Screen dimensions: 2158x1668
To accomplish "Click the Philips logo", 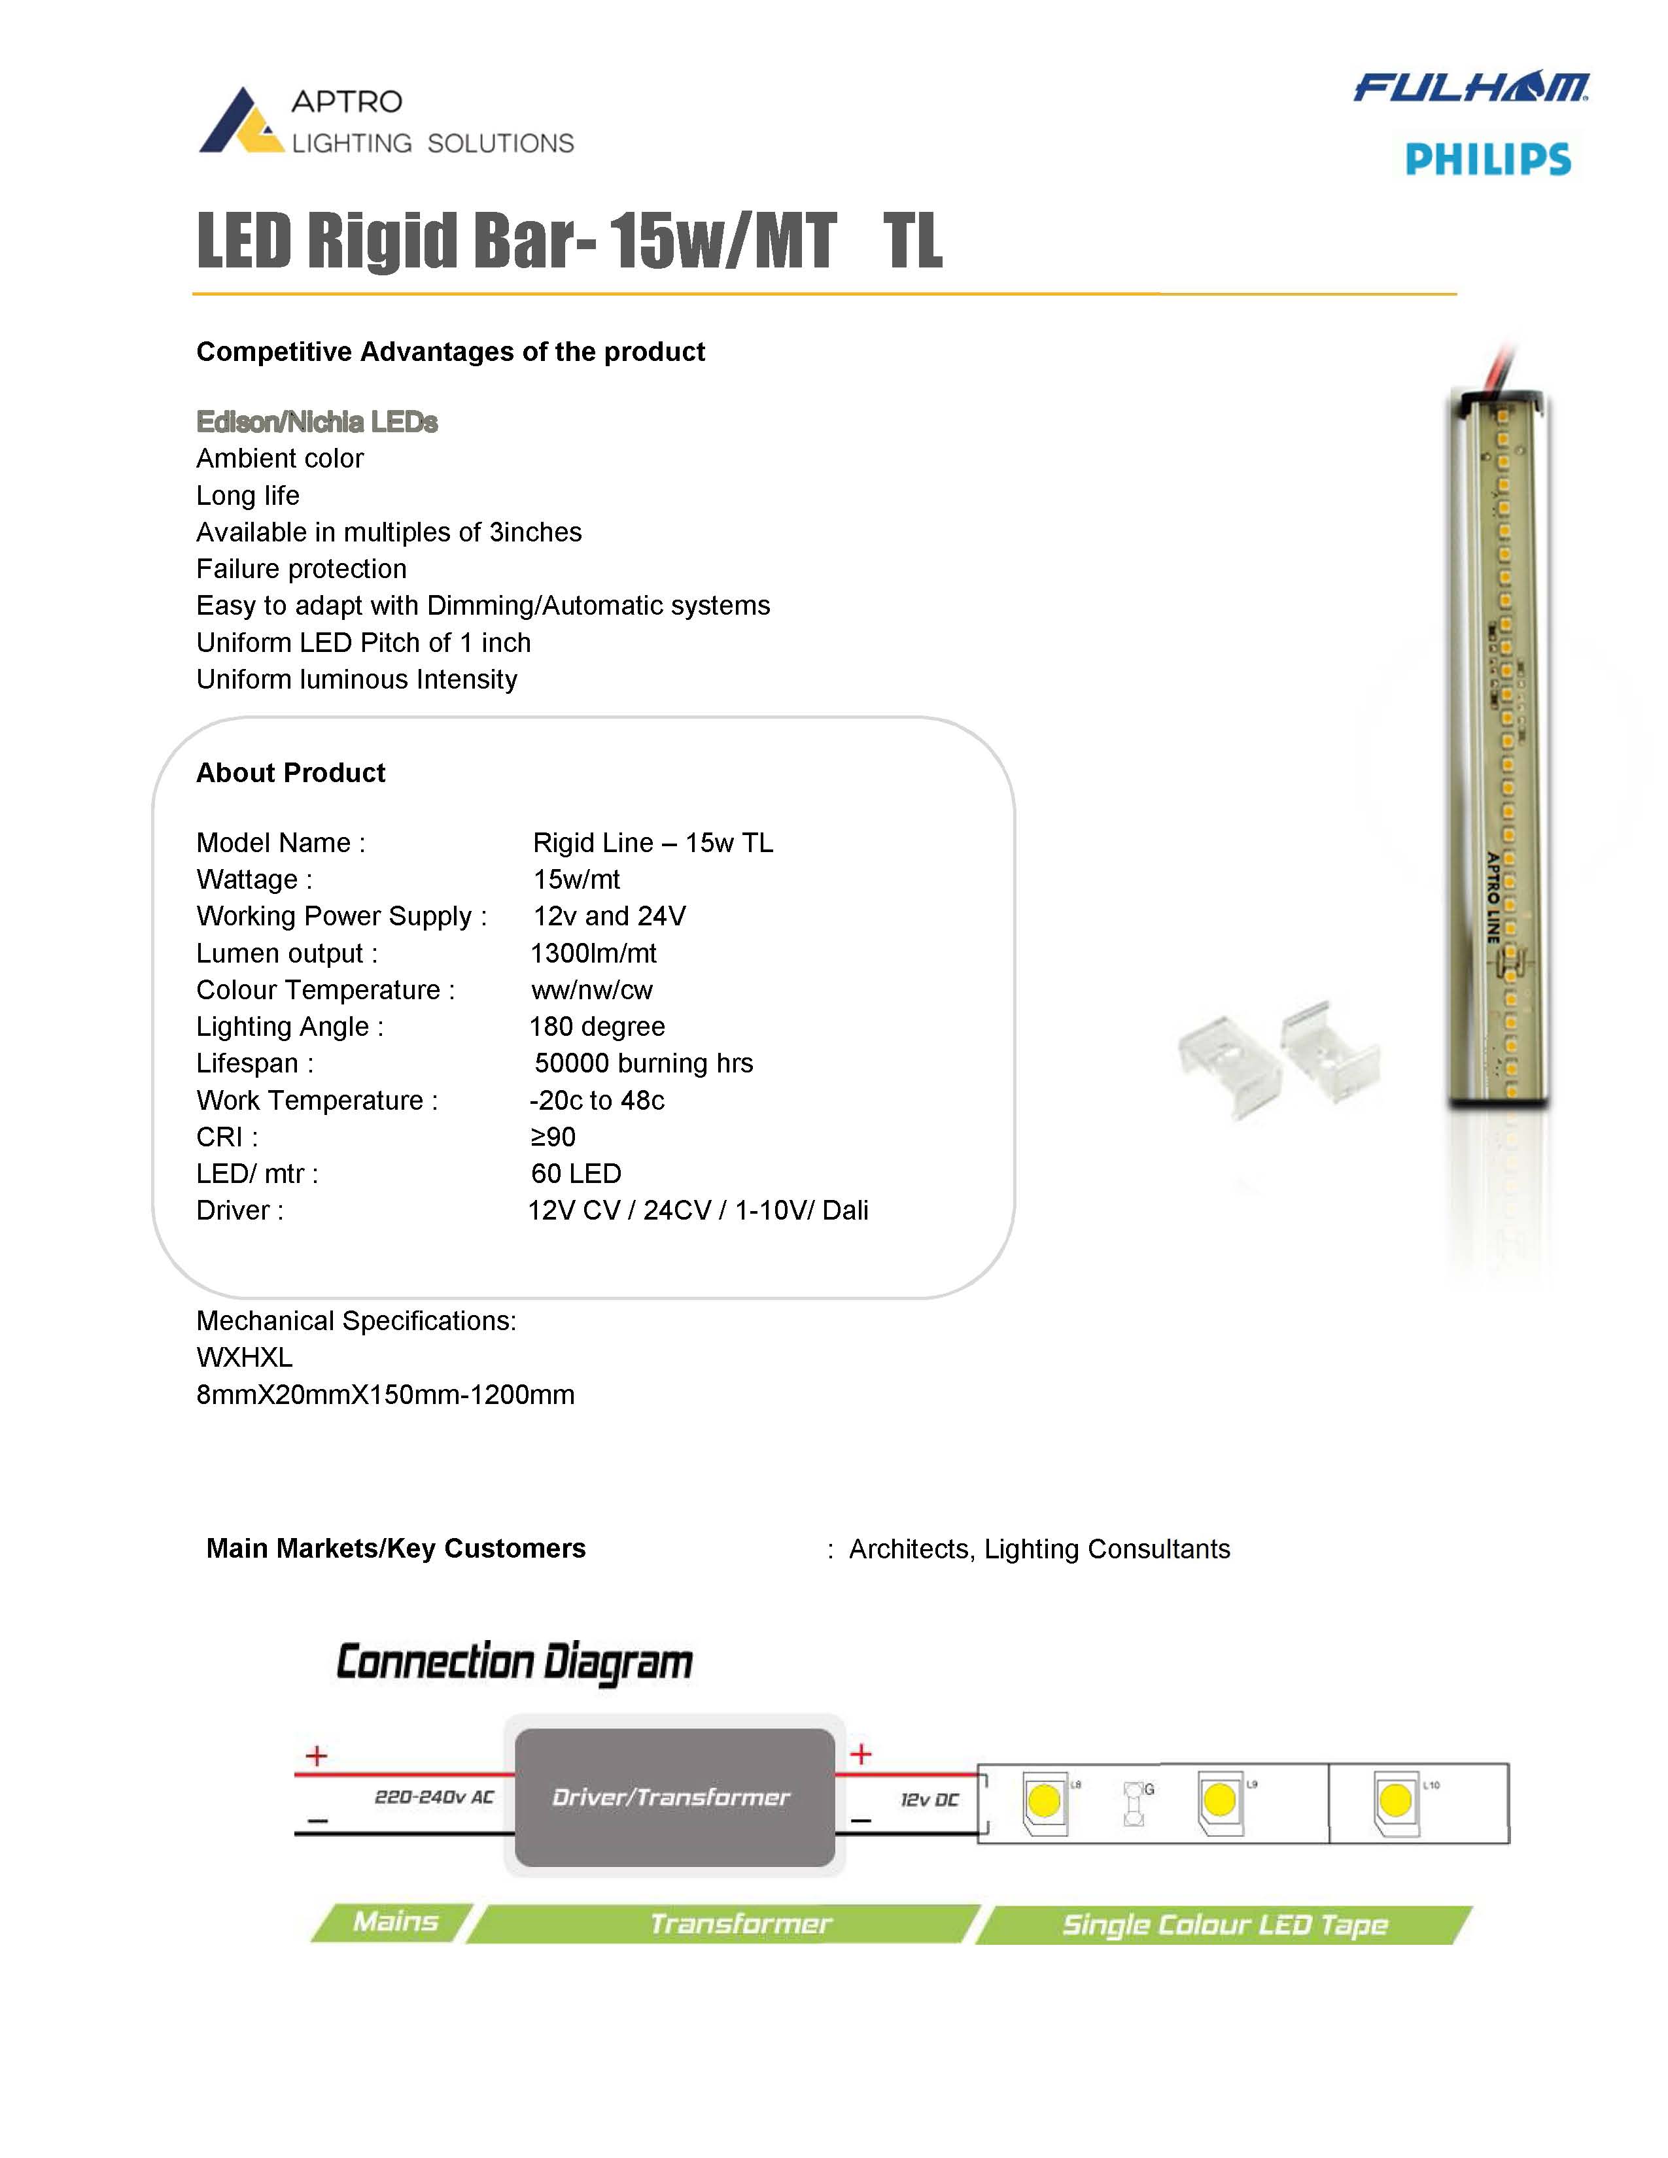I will pos(1487,159).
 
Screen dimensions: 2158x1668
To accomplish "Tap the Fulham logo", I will pos(1470,88).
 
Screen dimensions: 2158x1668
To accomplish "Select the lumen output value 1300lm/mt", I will pos(593,953).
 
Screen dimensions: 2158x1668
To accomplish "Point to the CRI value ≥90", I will pos(552,1137).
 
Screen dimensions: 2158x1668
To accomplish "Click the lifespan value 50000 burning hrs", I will pos(643,1063).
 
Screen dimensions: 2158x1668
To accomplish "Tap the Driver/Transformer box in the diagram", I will pos(674,1796).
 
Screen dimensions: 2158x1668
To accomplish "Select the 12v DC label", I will pos(929,1800).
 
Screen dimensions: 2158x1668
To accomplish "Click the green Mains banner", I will pos(395,1922).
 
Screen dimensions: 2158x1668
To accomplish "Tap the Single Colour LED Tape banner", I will pos(1225,1925).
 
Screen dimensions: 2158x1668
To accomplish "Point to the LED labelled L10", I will pos(1395,1800).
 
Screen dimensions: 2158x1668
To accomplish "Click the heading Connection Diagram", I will pos(514,1662).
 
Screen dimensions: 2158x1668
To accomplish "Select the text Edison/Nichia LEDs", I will pos(316,422).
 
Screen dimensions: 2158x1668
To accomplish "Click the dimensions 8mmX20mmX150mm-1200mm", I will pos(385,1396).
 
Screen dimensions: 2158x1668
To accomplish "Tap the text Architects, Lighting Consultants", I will pos(1039,1549).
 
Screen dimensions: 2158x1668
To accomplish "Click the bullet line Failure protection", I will pos(302,569).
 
